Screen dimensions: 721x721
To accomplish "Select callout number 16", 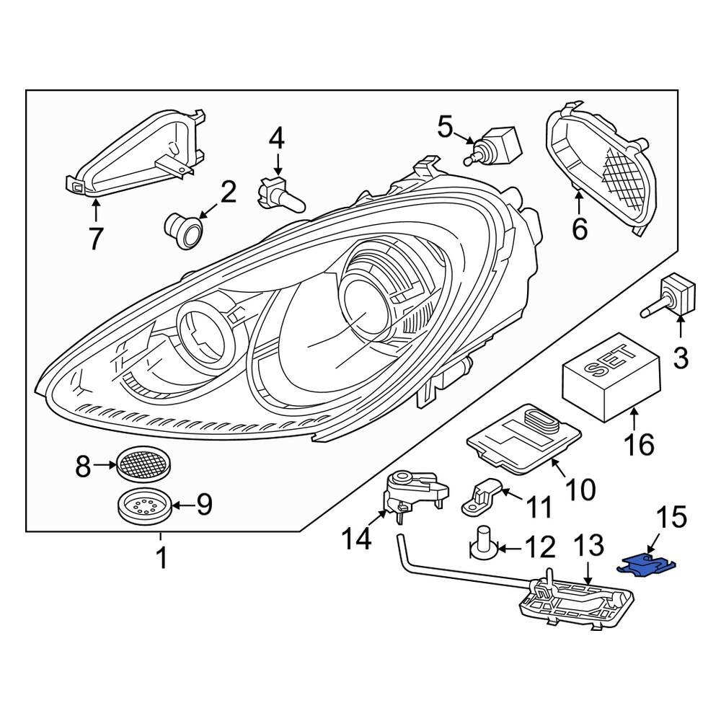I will [640, 444].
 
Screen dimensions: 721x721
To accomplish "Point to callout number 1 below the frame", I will [162, 557].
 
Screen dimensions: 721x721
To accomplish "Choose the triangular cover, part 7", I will [137, 155].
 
